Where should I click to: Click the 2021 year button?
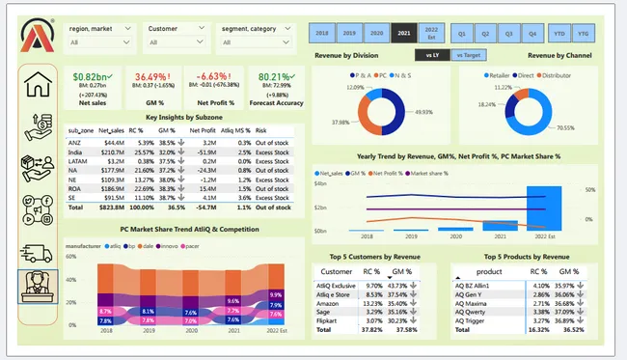pyautogui.click(x=404, y=34)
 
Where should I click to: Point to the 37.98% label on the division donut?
pyautogui.click(x=341, y=122)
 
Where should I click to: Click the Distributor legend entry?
pyautogui.click(x=562, y=72)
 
